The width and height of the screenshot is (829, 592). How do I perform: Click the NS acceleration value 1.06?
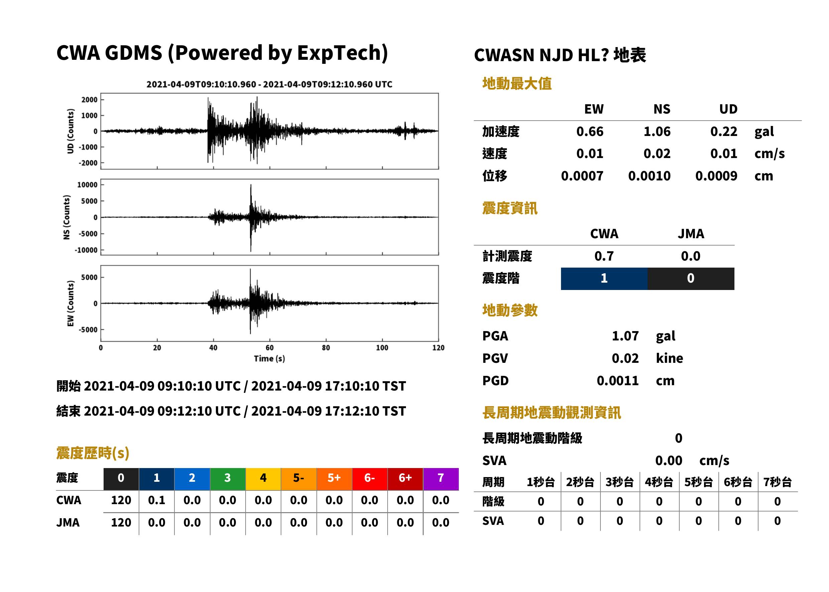[657, 132]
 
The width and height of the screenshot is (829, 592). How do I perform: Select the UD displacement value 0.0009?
[716, 176]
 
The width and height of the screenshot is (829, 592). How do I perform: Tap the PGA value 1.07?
[625, 336]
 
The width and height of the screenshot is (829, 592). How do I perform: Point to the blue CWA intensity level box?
[604, 279]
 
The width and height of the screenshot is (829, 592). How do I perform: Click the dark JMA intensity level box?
[691, 279]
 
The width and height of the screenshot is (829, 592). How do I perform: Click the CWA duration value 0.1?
[157, 500]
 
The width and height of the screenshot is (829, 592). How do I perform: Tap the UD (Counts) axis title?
[71, 131]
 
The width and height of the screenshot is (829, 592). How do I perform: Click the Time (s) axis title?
[269, 358]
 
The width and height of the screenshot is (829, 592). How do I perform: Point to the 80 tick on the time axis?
[326, 348]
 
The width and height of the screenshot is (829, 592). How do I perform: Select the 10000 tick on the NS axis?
[87, 185]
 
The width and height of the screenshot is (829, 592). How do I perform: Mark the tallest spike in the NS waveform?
[251, 184]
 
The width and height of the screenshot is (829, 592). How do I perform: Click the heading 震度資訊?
[510, 208]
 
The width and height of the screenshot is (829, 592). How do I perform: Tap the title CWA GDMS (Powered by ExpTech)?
[222, 53]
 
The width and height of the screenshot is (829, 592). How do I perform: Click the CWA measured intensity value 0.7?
[604, 256]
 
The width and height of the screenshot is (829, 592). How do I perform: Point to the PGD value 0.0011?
[618, 381]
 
